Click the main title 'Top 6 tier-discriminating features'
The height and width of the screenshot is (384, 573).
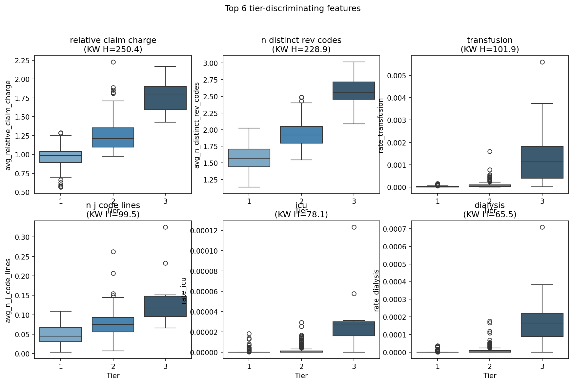(293, 9)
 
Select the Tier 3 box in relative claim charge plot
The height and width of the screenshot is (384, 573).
(165, 98)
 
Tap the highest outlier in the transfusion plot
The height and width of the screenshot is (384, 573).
(542, 62)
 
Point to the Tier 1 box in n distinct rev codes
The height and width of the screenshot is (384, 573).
(249, 158)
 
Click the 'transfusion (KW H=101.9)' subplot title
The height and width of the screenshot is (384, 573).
(489, 45)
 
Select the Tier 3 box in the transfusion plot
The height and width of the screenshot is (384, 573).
(542, 162)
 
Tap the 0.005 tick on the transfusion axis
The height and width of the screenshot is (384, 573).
(397, 76)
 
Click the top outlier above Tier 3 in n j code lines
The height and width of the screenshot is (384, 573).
(165, 227)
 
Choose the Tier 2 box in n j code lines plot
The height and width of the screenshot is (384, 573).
(113, 325)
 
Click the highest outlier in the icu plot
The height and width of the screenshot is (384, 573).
(354, 227)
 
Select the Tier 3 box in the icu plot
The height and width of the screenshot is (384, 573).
(354, 329)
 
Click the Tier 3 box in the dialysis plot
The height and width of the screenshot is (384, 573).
(542, 325)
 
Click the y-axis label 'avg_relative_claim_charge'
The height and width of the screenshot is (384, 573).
(9, 125)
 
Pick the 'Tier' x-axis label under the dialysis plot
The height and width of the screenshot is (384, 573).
(489, 376)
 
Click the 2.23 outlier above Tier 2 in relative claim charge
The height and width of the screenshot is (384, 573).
(113, 62)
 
